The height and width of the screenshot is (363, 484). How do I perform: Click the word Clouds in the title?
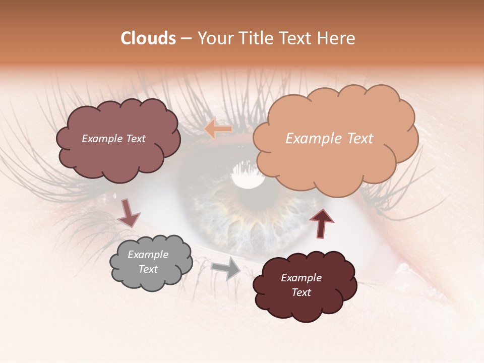point(148,38)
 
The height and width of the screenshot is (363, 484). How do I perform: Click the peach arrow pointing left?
point(218,129)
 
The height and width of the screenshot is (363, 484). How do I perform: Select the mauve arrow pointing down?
point(129,213)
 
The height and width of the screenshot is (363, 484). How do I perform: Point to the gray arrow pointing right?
point(226,268)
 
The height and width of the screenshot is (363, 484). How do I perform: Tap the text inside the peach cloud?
point(329,139)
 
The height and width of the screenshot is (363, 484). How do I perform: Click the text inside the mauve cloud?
point(113,139)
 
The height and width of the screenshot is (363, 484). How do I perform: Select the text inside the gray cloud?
point(148,262)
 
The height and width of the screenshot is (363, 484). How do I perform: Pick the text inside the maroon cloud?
point(301,285)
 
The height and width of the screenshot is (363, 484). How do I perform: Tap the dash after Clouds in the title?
point(186,39)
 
